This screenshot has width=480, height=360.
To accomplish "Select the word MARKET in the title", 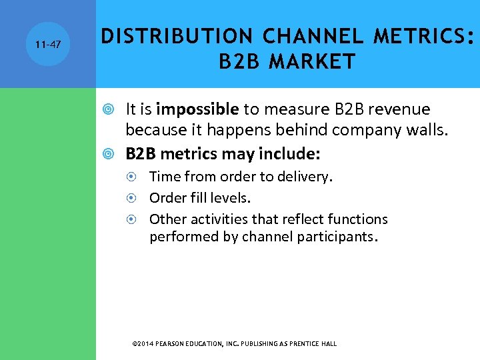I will pyautogui.click(x=312, y=62).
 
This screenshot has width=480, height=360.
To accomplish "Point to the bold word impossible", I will pyautogui.click(x=197, y=109).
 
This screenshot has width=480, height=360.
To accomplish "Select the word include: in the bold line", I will pyautogui.click(x=291, y=155).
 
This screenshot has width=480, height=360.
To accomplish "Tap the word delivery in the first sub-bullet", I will pyautogui.click(x=307, y=177).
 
